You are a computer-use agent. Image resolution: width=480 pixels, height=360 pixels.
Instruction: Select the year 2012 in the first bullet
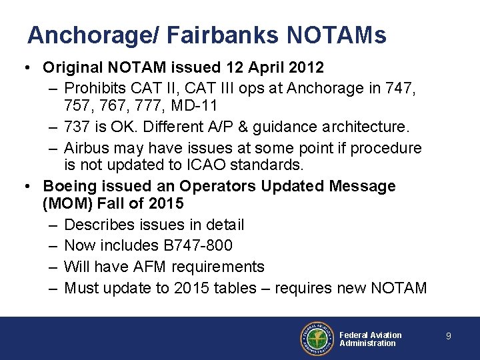[x=302, y=67]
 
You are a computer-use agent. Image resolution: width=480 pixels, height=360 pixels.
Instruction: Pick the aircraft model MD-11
[x=195, y=105]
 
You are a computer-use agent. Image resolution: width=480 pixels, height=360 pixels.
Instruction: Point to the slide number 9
[x=449, y=337]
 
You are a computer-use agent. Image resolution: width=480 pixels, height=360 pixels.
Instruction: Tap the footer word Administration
[x=367, y=343]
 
